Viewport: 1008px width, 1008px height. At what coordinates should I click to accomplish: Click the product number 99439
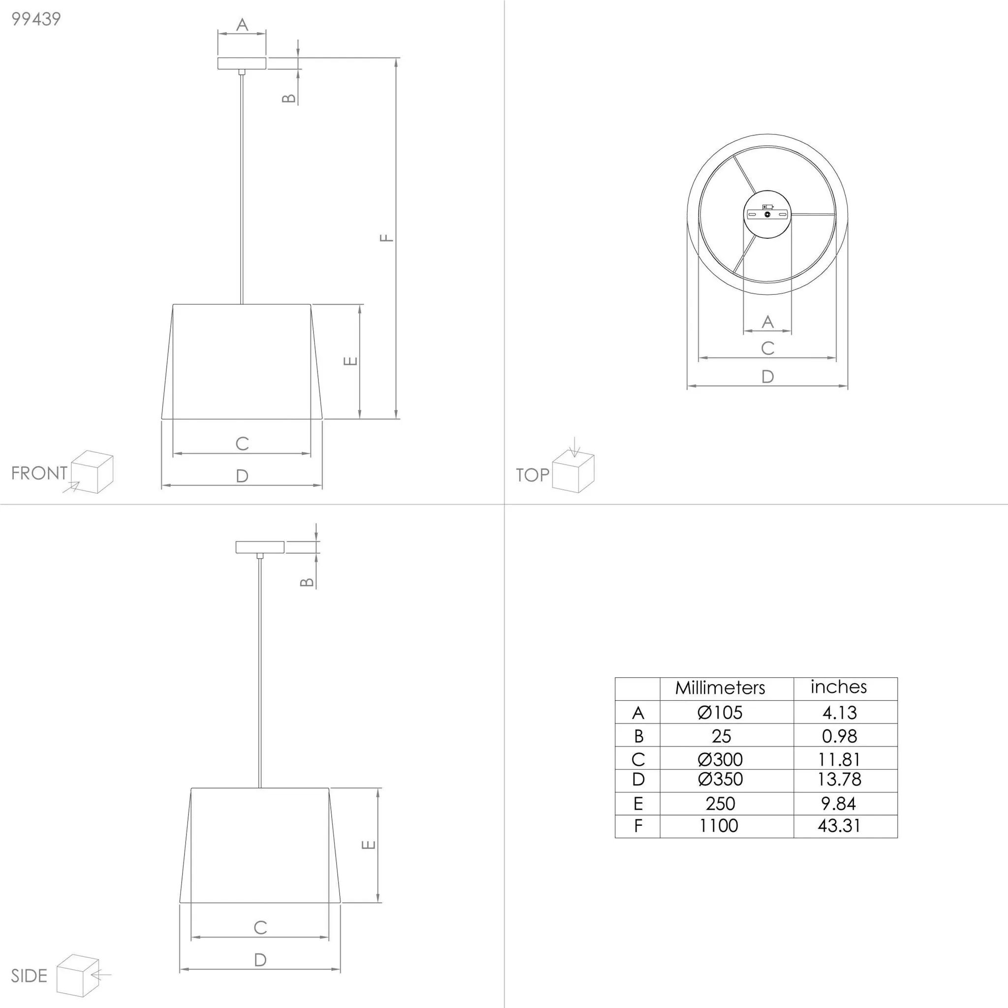(x=36, y=19)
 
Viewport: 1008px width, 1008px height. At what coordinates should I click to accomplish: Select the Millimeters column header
(x=720, y=688)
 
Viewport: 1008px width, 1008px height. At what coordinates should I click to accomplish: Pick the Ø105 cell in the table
(x=720, y=712)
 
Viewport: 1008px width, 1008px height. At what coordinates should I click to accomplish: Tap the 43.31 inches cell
(x=839, y=825)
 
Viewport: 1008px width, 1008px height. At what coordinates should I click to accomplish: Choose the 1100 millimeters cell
(x=719, y=825)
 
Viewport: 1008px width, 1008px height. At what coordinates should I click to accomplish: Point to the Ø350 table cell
(x=720, y=779)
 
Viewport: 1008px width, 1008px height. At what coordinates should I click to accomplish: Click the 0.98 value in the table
(x=840, y=736)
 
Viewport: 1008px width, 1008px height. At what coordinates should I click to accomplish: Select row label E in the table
(x=638, y=803)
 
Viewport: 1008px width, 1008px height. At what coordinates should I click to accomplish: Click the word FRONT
(x=39, y=473)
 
